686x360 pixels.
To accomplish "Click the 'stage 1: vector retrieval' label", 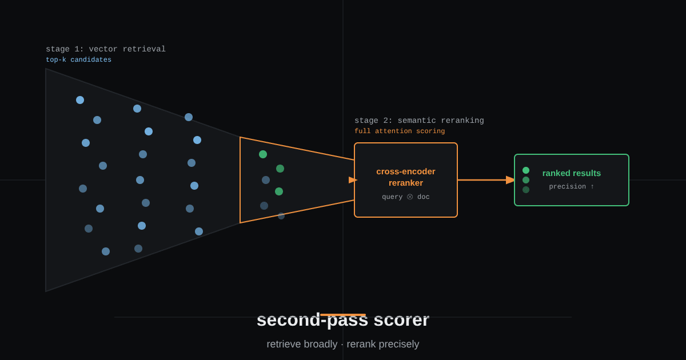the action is point(106,49).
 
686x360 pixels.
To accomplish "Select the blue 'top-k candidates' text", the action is point(79,59).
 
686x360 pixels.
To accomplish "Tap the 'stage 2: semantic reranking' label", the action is point(419,121).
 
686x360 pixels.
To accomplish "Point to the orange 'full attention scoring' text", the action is point(400,131).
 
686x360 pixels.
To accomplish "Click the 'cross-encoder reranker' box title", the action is point(406,177).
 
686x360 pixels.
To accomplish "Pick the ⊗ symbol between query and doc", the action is point(410,197).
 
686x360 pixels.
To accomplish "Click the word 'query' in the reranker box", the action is point(392,197).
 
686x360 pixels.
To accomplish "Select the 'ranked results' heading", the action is point(572,173).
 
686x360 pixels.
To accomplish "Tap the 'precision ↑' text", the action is point(572,186).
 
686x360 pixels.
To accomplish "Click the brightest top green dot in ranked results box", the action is point(526,170).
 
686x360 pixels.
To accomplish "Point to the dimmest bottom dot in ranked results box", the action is point(526,190).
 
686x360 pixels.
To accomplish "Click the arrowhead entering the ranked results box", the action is point(510,180).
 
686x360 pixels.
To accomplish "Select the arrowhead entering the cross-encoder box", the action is point(353,180).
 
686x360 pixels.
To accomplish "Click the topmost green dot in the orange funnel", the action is point(263,154).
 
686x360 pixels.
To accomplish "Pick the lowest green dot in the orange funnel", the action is point(279,191).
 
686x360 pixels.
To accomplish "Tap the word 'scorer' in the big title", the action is point(401,320).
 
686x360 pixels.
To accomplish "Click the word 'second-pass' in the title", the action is point(312,321).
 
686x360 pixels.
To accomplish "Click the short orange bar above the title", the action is point(343,315).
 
